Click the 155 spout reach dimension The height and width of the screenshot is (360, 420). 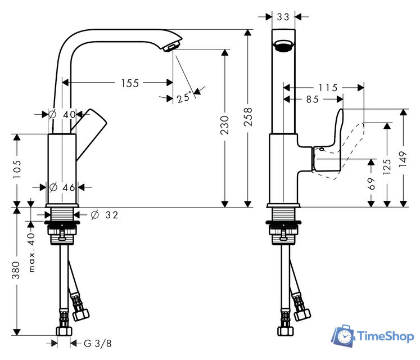click(x=130, y=83)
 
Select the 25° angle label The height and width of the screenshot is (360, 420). click(x=184, y=98)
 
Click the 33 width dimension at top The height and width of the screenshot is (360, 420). click(x=283, y=17)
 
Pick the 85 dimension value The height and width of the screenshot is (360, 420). click(x=313, y=100)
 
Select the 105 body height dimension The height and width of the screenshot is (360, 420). click(x=17, y=168)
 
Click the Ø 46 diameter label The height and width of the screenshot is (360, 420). click(x=62, y=187)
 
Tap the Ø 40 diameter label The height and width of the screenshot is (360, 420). click(x=62, y=114)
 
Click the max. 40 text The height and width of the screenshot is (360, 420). click(x=32, y=253)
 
